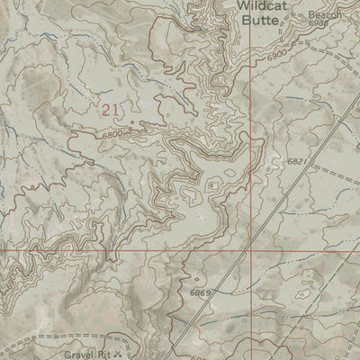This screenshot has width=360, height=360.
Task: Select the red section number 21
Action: (110, 110)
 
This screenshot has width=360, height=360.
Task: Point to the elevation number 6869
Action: (201, 293)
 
